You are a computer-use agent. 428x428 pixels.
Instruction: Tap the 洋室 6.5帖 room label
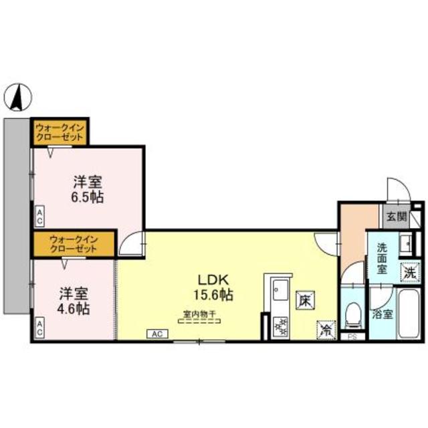pos(88,189)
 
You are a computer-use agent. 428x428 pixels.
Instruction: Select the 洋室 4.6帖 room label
pos(74,301)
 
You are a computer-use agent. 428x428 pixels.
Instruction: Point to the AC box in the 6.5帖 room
pos(39,216)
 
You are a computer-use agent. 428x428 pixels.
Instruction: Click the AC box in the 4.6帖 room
pos(39,329)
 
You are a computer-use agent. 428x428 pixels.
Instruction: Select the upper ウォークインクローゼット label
pos(60,132)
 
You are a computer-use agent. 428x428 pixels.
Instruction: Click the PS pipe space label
pos(352,336)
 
